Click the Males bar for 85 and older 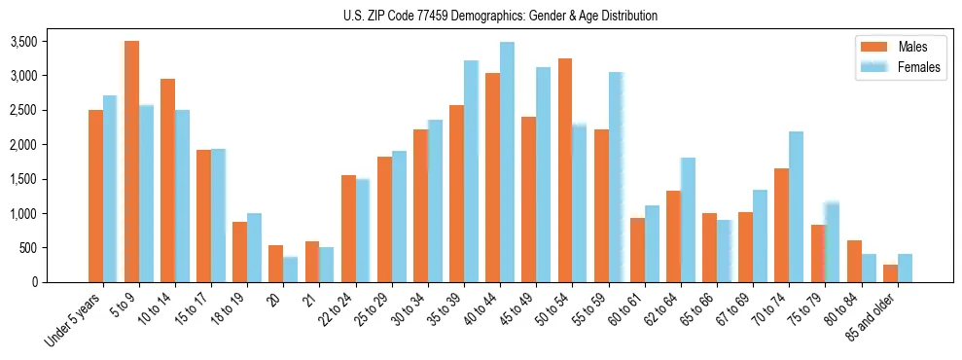coord(891,273)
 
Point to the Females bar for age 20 coord(291,270)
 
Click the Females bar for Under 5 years coord(110,189)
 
